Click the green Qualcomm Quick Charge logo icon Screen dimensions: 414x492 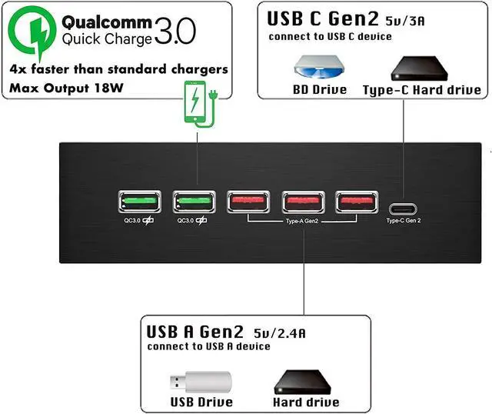coord(32,30)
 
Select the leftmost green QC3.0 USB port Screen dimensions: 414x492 coord(139,202)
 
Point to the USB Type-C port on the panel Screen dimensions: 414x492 coord(404,207)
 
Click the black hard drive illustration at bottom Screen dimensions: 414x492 coord(305,381)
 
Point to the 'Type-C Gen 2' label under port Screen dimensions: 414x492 coord(404,221)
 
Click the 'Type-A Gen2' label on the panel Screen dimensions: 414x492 coord(302,221)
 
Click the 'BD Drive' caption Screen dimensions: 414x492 coord(319,89)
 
